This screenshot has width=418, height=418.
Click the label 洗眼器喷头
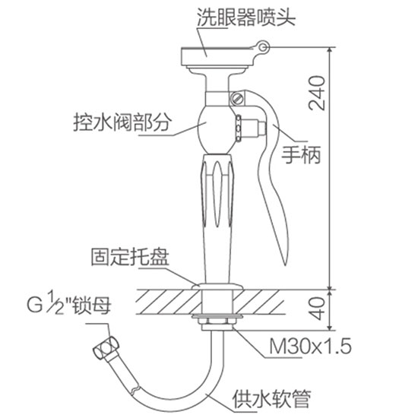[246, 17]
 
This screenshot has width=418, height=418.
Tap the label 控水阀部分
[122, 122]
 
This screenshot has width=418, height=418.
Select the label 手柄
[301, 155]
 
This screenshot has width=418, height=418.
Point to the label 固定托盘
[130, 257]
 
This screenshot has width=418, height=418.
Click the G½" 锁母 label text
[68, 304]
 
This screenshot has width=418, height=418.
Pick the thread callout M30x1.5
[310, 347]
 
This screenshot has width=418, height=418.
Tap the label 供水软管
[272, 399]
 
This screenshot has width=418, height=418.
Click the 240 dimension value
[317, 93]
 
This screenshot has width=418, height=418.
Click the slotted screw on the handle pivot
[237, 98]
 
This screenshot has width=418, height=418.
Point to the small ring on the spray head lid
[264, 47]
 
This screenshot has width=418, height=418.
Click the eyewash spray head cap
[217, 56]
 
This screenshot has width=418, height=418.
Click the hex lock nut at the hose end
[106, 348]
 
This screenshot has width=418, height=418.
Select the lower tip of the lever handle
[285, 264]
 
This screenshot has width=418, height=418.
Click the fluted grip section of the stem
[217, 191]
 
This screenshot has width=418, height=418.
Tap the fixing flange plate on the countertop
[217, 287]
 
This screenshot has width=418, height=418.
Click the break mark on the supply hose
[135, 389]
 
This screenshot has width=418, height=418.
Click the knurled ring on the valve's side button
[239, 128]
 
